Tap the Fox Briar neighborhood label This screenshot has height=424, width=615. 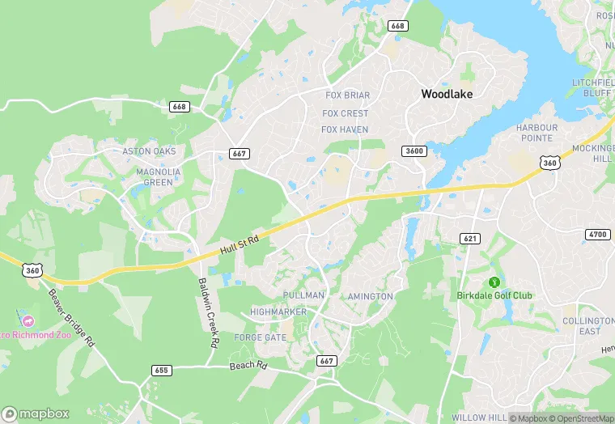pos(346,95)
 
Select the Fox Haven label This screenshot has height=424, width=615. pos(345,129)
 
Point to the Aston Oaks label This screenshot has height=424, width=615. pos(148,151)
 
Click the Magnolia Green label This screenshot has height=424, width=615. pos(154,177)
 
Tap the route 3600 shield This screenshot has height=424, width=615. pos(414,151)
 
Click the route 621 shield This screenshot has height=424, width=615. pos(470,238)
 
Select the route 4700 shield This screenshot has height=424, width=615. pos(596,235)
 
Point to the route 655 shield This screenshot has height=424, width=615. pos(161,371)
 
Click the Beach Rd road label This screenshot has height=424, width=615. pos(248,366)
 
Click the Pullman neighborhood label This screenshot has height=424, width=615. pos(304,296)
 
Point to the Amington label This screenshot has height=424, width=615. pos(370,296)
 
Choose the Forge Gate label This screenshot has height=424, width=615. pos(260,337)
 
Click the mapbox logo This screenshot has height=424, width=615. pos(36,413)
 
